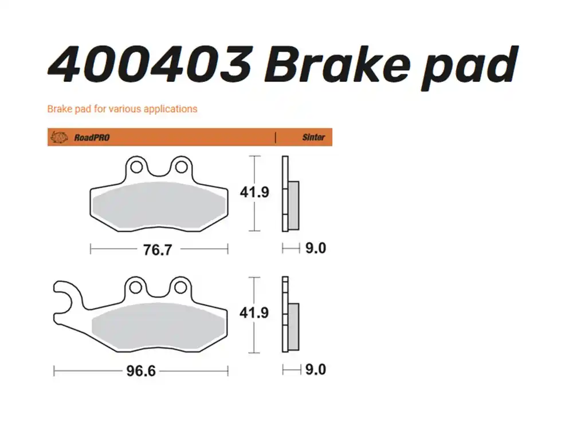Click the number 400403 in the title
150,64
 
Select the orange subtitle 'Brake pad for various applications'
122,108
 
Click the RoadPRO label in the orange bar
92,138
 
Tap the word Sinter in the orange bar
313,138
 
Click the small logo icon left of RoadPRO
59,138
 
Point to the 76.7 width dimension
158,249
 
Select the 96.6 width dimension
140,371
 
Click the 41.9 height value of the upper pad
254,192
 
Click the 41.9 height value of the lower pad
254,313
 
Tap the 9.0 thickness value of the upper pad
315,249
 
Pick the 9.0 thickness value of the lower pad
315,370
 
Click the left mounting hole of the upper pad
136,167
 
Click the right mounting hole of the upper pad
181,167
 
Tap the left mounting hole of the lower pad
136,287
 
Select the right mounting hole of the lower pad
181,287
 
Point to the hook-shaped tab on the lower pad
64,301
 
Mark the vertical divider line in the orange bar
276,138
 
